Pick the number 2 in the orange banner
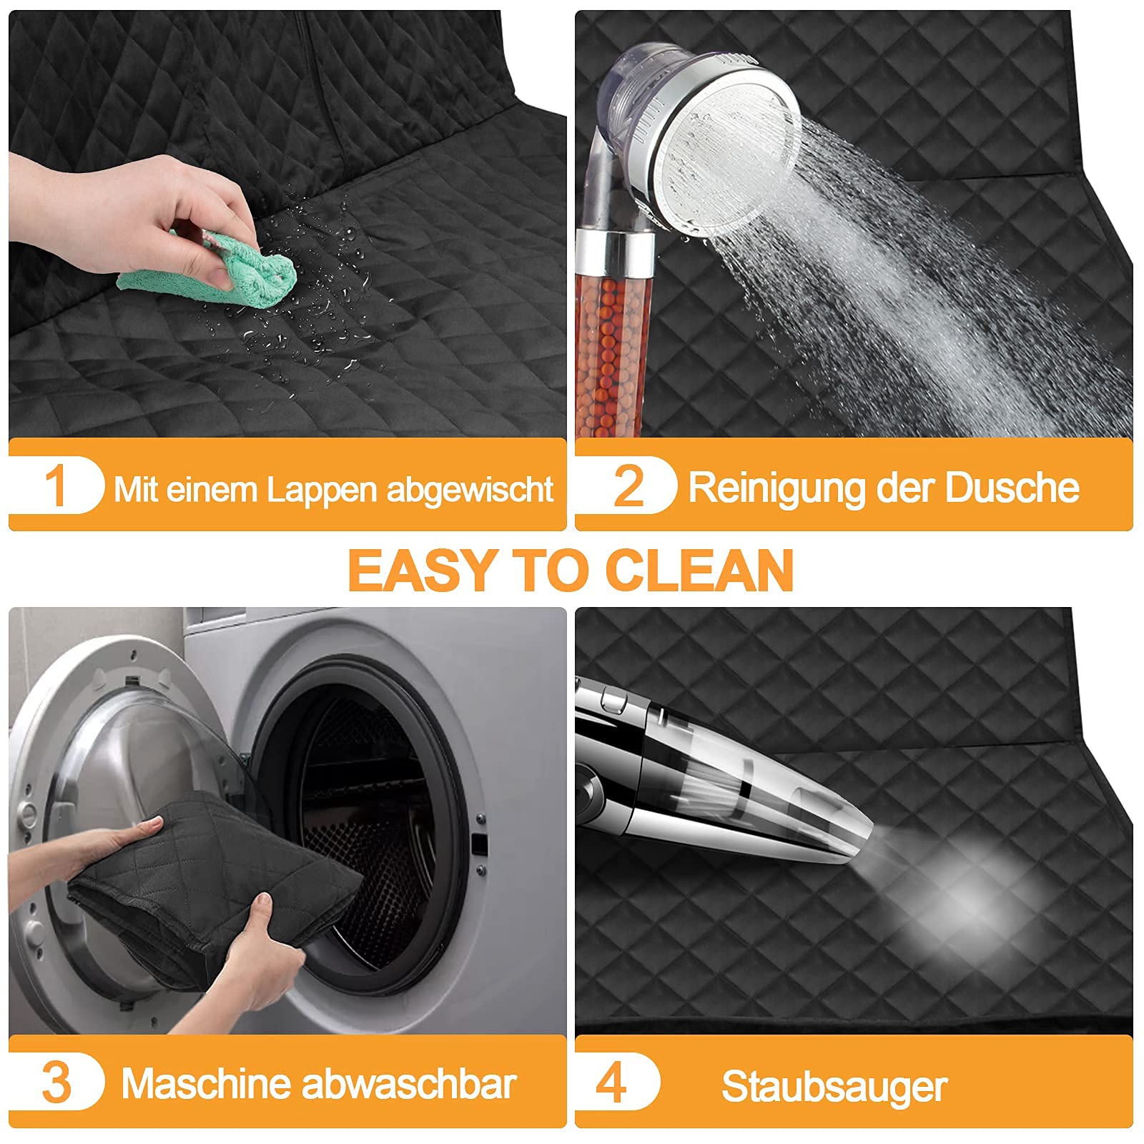click(629, 486)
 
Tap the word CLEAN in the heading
click(699, 571)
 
